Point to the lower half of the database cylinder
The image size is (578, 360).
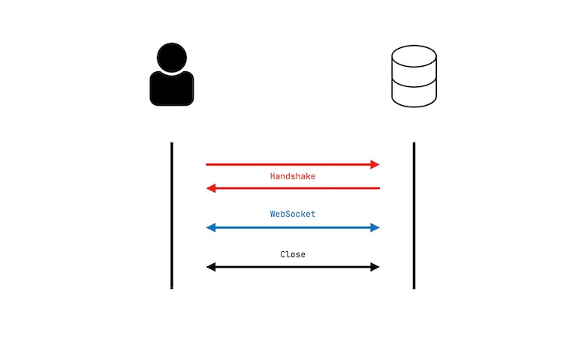point(414,94)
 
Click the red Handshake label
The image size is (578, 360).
point(293,176)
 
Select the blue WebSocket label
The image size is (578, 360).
point(293,214)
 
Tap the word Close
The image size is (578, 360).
point(293,254)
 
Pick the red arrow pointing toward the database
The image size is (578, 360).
point(293,164)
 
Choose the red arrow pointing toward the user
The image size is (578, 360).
point(293,188)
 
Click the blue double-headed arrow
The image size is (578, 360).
point(293,227)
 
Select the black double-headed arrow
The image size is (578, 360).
point(293,267)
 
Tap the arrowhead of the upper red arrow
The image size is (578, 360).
point(375,164)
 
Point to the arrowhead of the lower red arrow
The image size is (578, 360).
point(211,188)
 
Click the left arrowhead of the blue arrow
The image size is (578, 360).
point(211,227)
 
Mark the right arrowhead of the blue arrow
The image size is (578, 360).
point(375,227)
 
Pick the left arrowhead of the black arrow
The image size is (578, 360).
point(211,267)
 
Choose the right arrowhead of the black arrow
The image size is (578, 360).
point(375,267)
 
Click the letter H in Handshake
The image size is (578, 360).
point(273,176)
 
